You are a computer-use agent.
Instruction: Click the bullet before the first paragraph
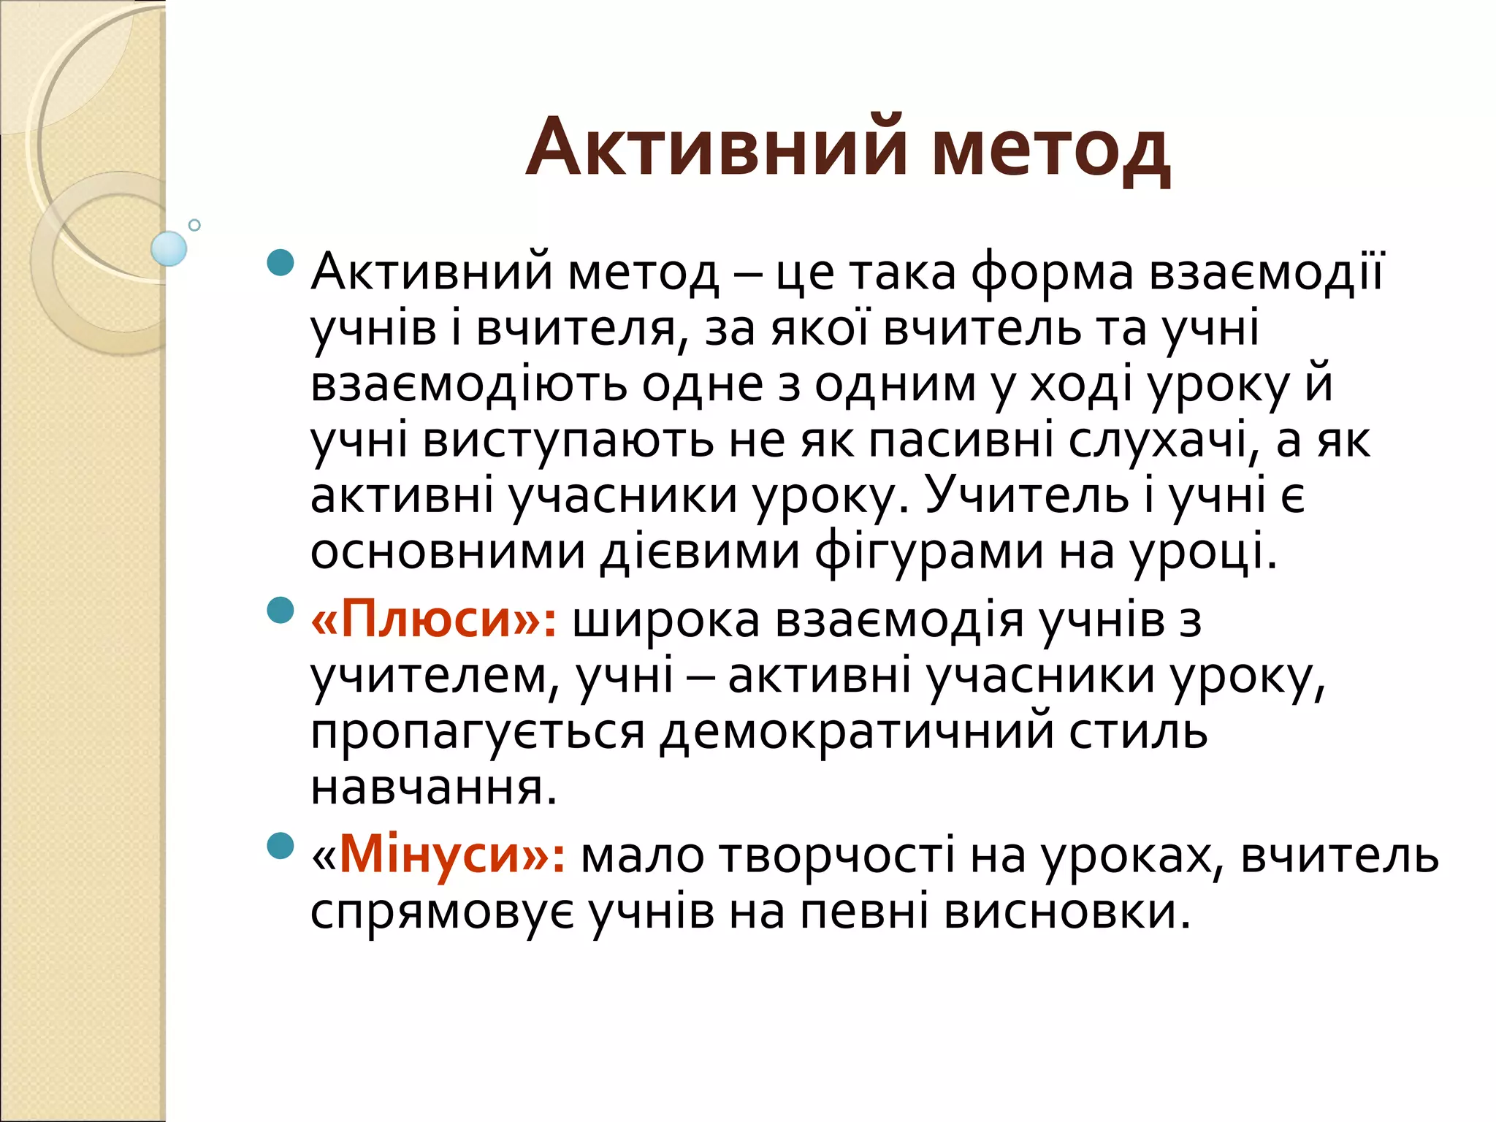[280, 262]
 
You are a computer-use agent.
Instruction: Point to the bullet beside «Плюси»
[280, 610]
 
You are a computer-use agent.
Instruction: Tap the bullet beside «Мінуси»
[280, 846]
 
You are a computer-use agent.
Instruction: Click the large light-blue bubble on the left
[169, 248]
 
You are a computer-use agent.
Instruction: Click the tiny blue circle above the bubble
[194, 225]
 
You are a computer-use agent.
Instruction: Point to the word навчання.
[434, 789]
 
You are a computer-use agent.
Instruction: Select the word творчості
[837, 856]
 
